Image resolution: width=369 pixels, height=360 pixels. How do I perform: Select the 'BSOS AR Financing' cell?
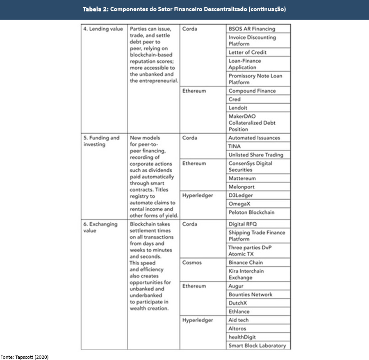pyautogui.click(x=252, y=29)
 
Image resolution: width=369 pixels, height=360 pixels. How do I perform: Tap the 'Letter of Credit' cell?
pyautogui.click(x=248, y=52)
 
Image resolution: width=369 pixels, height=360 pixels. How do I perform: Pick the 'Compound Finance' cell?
pyautogui.click(x=252, y=91)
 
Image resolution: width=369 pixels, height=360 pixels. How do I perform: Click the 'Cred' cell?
pyautogui.click(x=235, y=99)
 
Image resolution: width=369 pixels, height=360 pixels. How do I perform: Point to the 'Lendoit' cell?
pyautogui.click(x=238, y=108)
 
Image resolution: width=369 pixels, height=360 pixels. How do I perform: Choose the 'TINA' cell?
pyautogui.click(x=235, y=146)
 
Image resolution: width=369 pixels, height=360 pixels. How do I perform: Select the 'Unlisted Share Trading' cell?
pyautogui.click(x=256, y=155)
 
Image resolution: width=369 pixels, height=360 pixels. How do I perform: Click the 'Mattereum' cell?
pyautogui.click(x=243, y=178)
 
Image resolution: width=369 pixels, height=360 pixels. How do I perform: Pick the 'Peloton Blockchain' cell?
pyautogui.click(x=252, y=212)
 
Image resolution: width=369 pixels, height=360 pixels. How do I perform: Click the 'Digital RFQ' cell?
pyautogui.click(x=243, y=224)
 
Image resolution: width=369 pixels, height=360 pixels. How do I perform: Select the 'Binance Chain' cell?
pyautogui.click(x=246, y=262)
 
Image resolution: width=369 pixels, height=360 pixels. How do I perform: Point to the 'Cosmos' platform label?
pyautogui.click(x=192, y=262)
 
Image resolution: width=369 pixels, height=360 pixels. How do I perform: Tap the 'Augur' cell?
pyautogui.click(x=236, y=286)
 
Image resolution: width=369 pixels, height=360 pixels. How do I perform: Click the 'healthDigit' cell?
pyautogui.click(x=242, y=337)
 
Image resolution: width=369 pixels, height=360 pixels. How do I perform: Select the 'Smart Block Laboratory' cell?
pyautogui.click(x=257, y=346)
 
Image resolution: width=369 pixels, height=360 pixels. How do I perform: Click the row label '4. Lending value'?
pyautogui.click(x=103, y=29)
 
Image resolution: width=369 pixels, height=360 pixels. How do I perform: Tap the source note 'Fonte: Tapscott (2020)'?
pyautogui.click(x=25, y=357)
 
